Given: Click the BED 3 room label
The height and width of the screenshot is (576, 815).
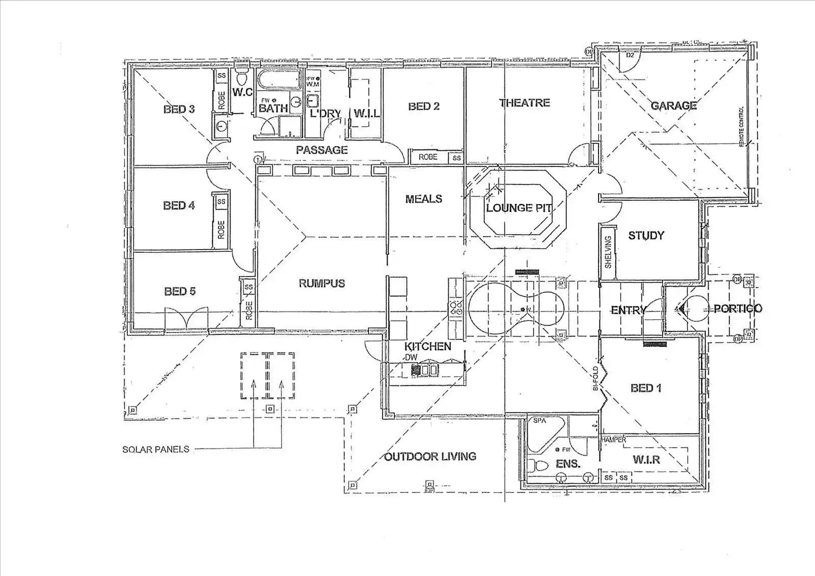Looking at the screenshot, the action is coord(179,110).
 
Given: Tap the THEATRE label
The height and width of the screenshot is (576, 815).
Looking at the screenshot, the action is coord(524,103).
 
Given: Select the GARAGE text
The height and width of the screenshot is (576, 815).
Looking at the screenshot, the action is coord(673,106).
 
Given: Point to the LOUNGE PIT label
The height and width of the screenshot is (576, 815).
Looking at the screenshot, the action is coord(519,208).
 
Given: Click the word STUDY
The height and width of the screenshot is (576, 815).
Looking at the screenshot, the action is coord(646,236).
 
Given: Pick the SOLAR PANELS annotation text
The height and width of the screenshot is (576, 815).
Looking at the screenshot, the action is coord(156,450).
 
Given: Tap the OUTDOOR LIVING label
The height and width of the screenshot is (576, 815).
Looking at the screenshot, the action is coord(430,457).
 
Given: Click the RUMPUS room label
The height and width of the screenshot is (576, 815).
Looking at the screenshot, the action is coord(322,283).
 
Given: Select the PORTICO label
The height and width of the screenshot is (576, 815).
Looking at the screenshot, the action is coord(737,309).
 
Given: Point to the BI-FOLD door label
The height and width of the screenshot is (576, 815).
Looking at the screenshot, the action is coord(596,378).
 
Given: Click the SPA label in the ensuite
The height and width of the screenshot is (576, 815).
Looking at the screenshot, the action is coord(539,421).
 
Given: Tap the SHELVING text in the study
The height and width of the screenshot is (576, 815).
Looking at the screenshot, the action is coord(608,252).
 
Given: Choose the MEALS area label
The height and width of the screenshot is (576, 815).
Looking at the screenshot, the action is coord(424,199).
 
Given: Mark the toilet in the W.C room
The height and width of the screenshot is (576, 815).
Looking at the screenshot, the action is coord(242,78).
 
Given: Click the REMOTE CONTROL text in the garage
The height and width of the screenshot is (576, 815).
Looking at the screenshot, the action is coord(741,127).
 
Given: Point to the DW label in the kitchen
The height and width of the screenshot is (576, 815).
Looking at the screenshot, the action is coord(411,358).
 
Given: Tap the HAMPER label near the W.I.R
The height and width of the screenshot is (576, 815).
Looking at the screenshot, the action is coord(613,440).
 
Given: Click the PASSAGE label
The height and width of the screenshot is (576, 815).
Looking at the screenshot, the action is coord(322,150).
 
